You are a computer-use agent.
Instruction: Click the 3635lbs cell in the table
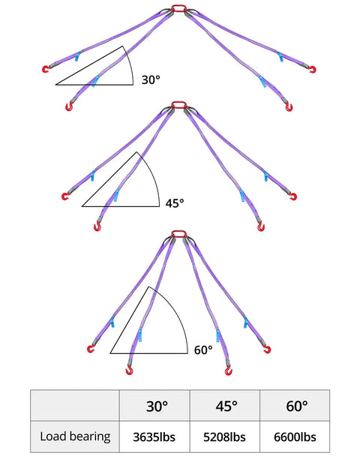(x=154, y=436)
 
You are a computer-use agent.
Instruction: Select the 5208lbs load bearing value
(x=224, y=436)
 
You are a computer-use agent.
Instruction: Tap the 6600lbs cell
(x=295, y=436)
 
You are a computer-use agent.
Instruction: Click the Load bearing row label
(x=75, y=436)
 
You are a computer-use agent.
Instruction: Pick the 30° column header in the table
(x=157, y=406)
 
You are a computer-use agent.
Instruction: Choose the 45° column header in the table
(x=226, y=406)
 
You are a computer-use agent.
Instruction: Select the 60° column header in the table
(x=296, y=406)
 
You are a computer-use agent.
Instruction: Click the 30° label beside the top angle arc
(x=151, y=79)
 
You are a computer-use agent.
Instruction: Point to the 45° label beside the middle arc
(x=175, y=203)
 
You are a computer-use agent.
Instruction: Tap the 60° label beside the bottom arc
(x=203, y=349)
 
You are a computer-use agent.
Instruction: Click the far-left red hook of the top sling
(x=46, y=69)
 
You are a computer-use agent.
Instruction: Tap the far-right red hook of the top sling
(x=313, y=70)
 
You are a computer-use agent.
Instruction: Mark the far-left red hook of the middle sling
(x=65, y=196)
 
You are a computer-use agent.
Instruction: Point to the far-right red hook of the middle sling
(x=293, y=197)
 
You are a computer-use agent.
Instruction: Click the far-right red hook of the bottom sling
(x=267, y=349)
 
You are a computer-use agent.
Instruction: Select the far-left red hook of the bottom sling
(x=91, y=349)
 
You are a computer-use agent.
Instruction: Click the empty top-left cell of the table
(x=75, y=406)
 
